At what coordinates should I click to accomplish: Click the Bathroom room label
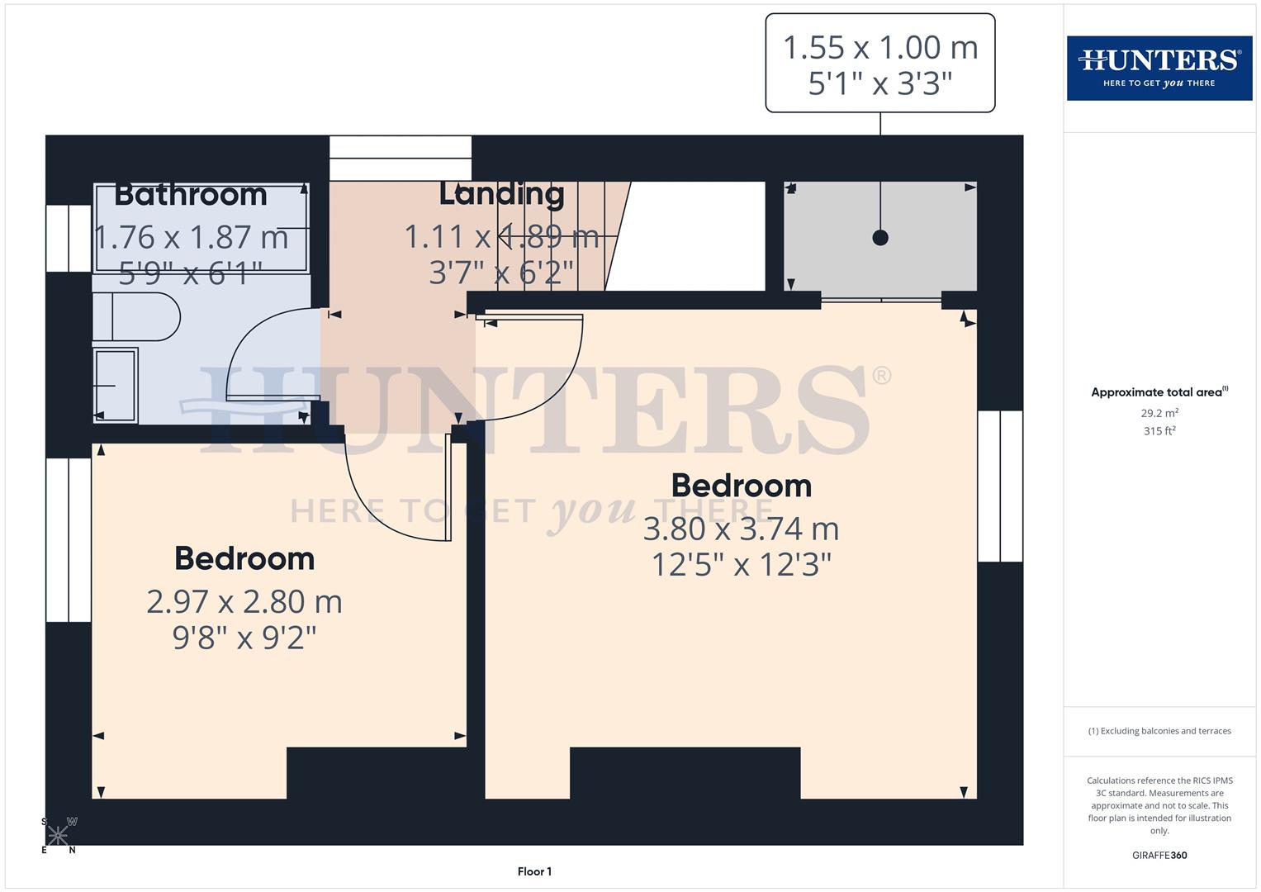pyautogui.click(x=191, y=195)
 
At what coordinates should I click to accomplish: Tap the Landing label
pyautogui.click(x=501, y=194)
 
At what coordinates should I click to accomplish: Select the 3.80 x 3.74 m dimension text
pyautogui.click(x=741, y=529)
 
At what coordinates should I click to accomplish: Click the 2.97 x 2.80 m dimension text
pyautogui.click(x=244, y=601)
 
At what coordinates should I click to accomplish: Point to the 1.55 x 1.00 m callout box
pyautogui.click(x=879, y=64)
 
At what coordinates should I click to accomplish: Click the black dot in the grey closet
pyautogui.click(x=880, y=238)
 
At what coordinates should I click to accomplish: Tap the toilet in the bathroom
pyautogui.click(x=136, y=316)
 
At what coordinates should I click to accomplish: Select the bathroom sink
pyautogui.click(x=115, y=385)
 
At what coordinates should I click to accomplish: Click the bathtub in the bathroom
pyautogui.click(x=201, y=228)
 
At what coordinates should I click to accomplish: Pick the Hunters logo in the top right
pyautogui.click(x=1159, y=68)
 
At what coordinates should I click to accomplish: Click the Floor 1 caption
pyautogui.click(x=534, y=871)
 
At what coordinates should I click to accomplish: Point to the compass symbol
pyautogui.click(x=59, y=835)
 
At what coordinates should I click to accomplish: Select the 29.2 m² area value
pyautogui.click(x=1159, y=413)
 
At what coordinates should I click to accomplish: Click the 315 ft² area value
pyautogui.click(x=1159, y=431)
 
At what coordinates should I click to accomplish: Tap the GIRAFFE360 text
pyautogui.click(x=1159, y=856)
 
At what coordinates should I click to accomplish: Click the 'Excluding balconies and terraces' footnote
pyautogui.click(x=1159, y=731)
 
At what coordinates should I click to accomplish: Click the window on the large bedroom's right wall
pyautogui.click(x=1000, y=486)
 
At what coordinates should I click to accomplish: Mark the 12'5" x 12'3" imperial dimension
pyautogui.click(x=741, y=565)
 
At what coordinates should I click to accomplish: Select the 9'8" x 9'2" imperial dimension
pyautogui.click(x=244, y=638)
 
